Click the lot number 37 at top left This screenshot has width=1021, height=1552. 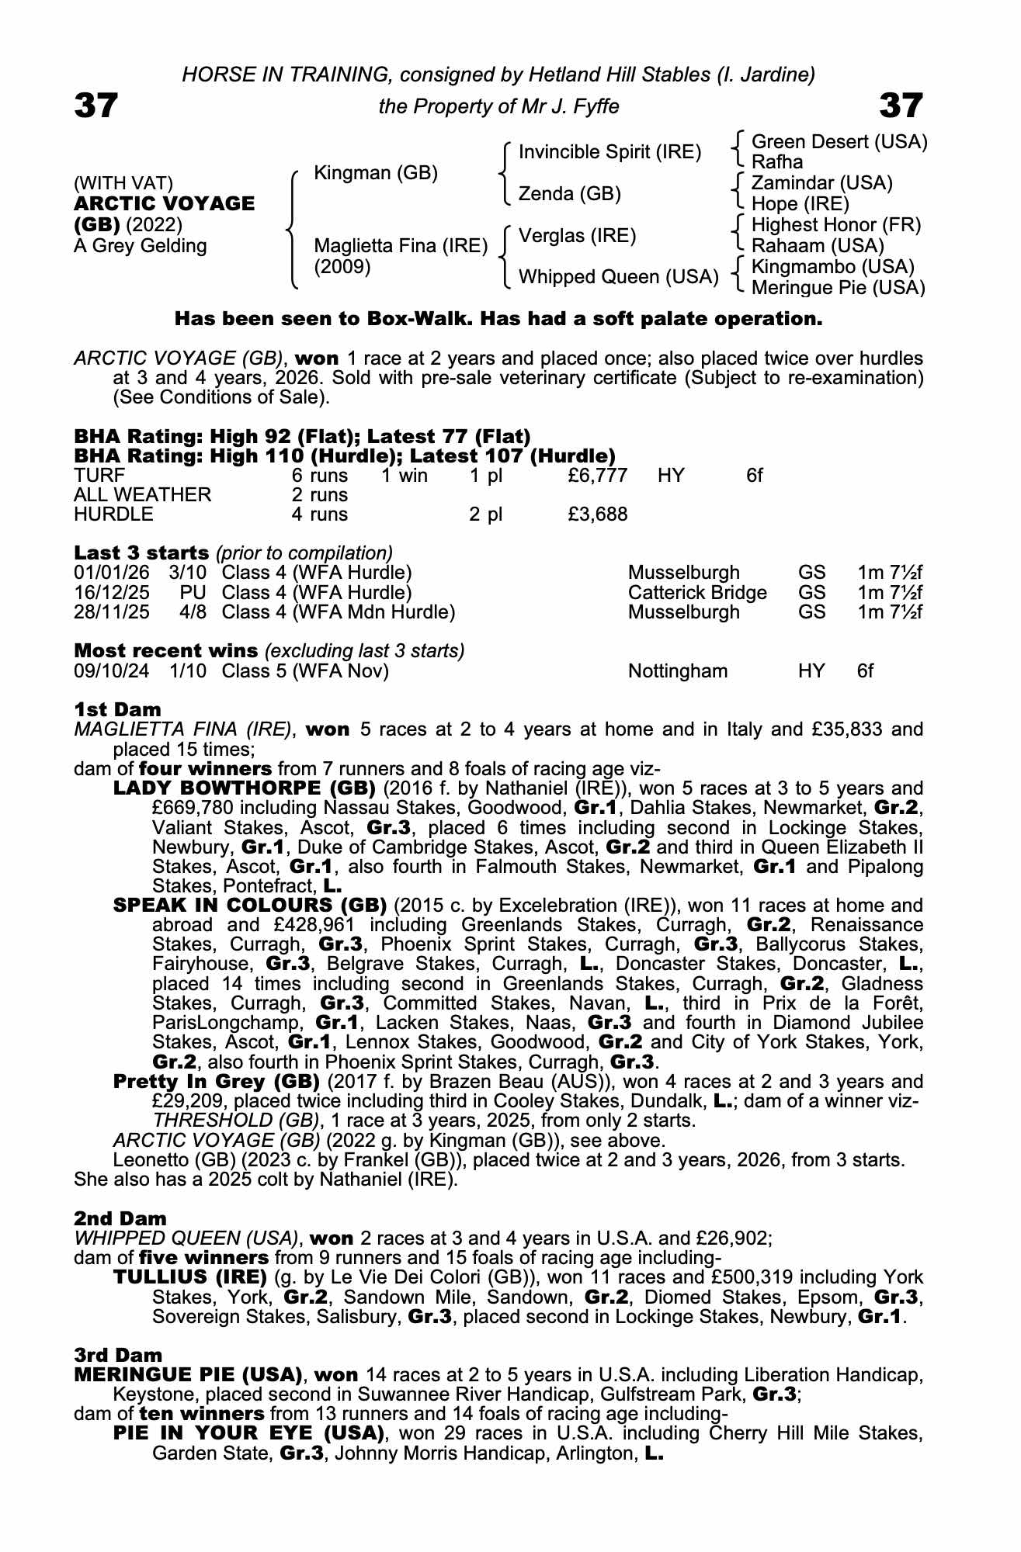click(96, 106)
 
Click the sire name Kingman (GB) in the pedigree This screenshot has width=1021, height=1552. click(376, 172)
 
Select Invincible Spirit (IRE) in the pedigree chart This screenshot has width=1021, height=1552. click(609, 152)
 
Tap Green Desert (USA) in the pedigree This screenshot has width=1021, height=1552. click(839, 142)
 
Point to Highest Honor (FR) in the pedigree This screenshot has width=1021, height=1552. click(836, 225)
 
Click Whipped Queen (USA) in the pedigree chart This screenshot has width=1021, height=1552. click(618, 276)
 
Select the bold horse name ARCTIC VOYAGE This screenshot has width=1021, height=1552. click(165, 204)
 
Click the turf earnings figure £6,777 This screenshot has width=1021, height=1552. click(597, 475)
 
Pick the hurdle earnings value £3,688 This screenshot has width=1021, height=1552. click(597, 514)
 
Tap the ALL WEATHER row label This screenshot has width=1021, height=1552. click(142, 494)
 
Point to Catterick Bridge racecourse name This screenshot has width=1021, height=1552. click(696, 592)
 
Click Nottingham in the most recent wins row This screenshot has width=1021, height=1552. click(678, 670)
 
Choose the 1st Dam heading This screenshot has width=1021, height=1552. click(118, 709)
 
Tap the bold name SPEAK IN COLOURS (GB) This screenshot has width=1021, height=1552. click(250, 906)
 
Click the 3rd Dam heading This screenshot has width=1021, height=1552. click(118, 1355)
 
